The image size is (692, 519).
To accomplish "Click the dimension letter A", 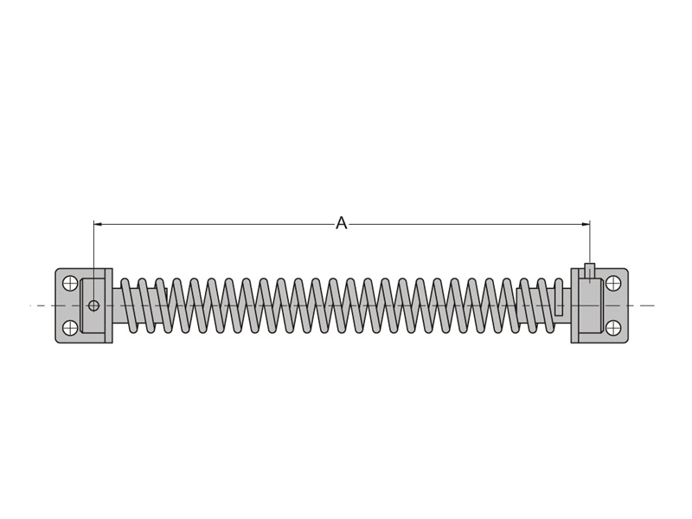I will (x=342, y=223).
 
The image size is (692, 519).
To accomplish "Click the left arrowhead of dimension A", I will (x=98, y=224).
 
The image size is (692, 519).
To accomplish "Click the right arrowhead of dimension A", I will (x=586, y=224).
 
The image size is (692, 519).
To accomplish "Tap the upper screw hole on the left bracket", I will (x=70, y=283).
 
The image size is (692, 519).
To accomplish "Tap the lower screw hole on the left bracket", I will (x=70, y=328).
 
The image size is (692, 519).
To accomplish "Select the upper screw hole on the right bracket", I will (x=613, y=283).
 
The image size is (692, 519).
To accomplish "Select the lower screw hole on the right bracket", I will (x=613, y=328).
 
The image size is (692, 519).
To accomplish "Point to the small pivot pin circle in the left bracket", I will (x=93, y=305).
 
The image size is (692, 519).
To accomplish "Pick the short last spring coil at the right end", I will (x=559, y=307).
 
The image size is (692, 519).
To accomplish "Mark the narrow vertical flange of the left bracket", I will (x=109, y=305).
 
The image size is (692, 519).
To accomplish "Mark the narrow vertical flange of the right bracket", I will (x=574, y=305).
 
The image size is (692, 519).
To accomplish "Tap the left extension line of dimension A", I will (x=93, y=251).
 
